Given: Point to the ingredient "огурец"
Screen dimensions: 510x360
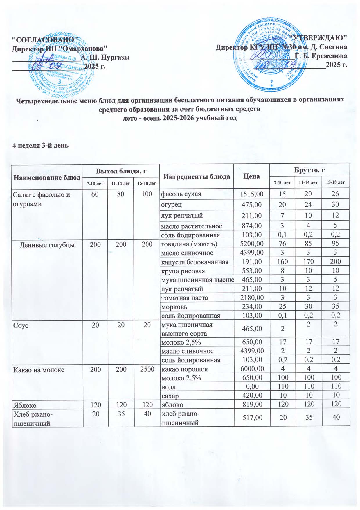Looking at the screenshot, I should (x=172, y=204).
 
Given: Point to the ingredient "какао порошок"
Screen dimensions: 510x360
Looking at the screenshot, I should (x=185, y=370).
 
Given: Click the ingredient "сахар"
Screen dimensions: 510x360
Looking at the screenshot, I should (x=170, y=396).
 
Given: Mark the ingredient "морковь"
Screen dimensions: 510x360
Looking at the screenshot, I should (x=174, y=307).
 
